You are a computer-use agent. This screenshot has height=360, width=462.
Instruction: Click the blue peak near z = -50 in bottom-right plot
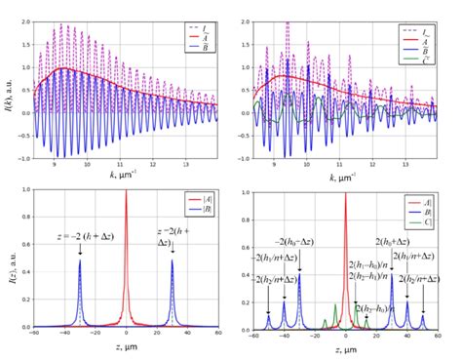tap(269, 316)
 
